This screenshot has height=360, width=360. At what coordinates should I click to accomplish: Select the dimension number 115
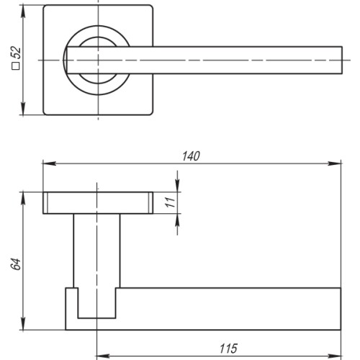pyautogui.click(x=228, y=348)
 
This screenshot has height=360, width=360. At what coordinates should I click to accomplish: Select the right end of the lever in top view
pyautogui.click(x=338, y=58)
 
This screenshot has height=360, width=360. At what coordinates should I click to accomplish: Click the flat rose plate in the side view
pyautogui.click(x=97, y=204)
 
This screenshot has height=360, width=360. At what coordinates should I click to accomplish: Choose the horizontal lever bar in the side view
pyautogui.click(x=230, y=306)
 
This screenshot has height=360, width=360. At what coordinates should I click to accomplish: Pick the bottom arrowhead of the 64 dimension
pyautogui.click(x=25, y=322)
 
